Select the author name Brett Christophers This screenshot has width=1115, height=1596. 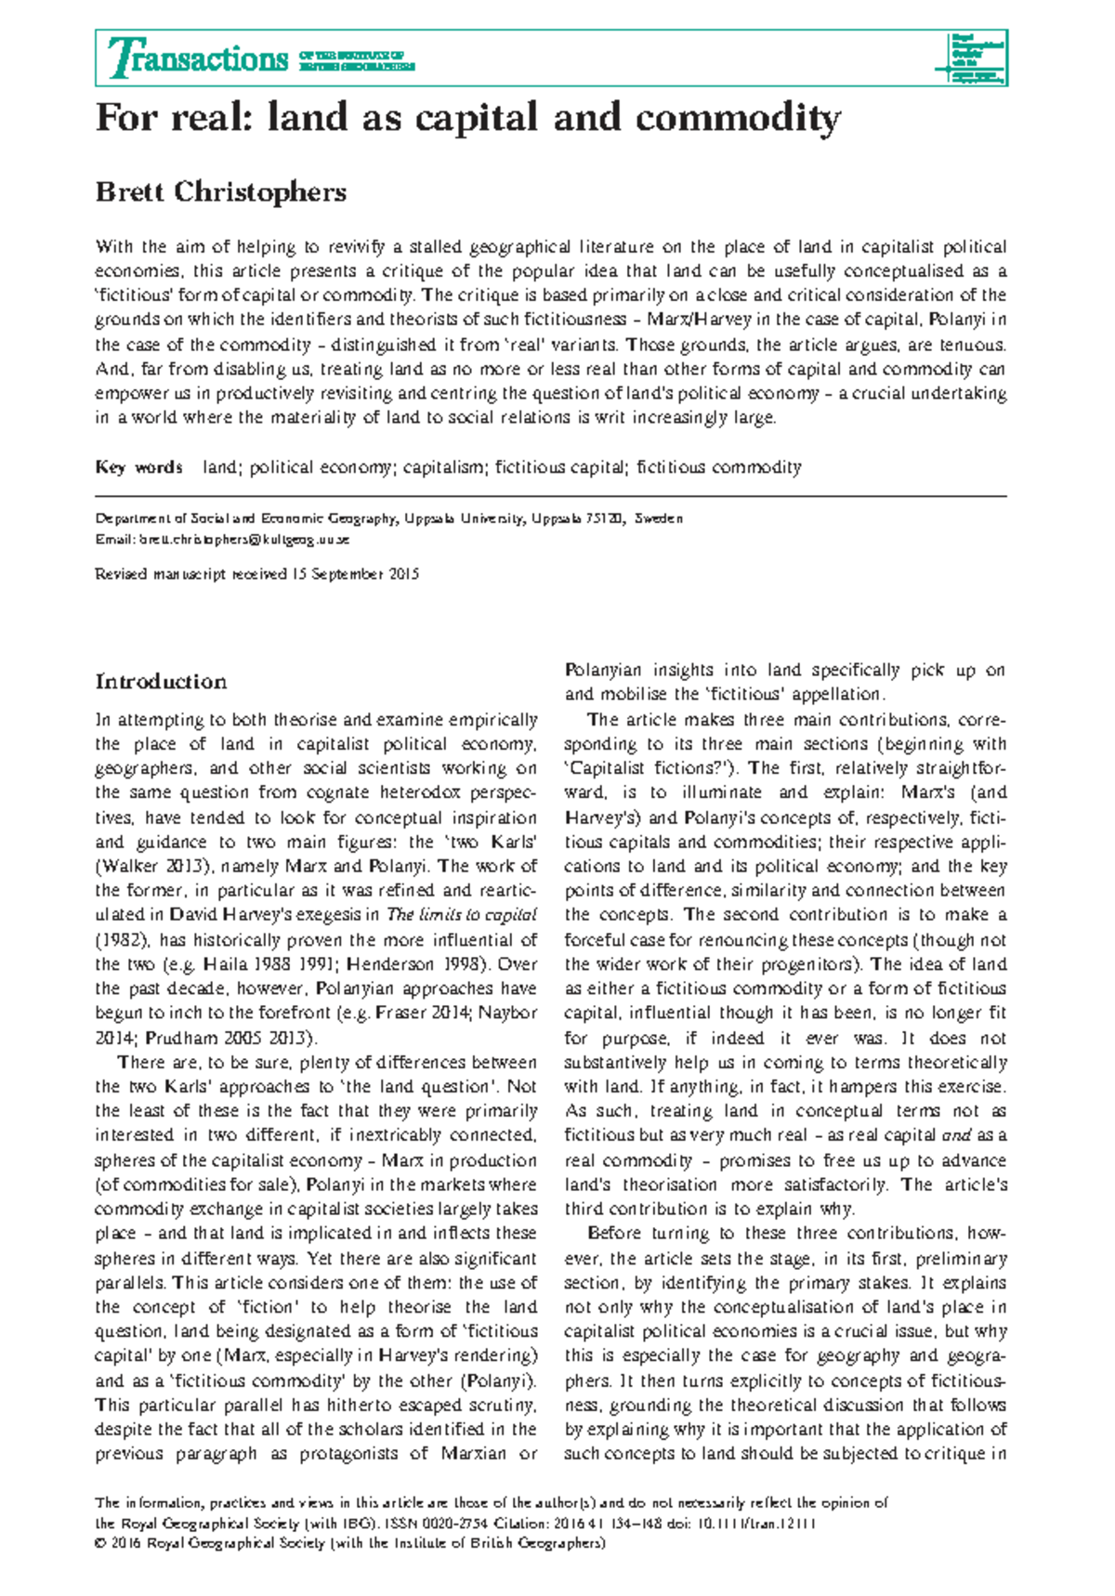[x=221, y=191]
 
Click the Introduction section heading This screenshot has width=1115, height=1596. [x=161, y=682]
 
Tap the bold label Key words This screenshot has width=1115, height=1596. [x=138, y=467]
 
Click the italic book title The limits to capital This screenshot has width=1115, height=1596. [x=461, y=915]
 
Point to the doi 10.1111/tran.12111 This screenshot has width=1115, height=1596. [x=753, y=1524]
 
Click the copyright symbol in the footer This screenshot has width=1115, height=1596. [x=100, y=1543]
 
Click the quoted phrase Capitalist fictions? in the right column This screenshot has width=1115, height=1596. [x=647, y=768]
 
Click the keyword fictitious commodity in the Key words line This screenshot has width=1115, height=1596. [x=718, y=467]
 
